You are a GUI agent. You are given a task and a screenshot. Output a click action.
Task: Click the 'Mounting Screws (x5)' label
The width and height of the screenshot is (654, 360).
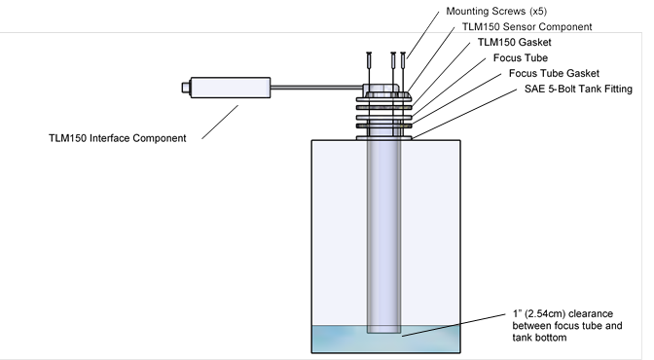click(x=496, y=12)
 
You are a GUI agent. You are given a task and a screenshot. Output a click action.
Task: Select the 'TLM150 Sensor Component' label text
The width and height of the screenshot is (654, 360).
click(x=527, y=26)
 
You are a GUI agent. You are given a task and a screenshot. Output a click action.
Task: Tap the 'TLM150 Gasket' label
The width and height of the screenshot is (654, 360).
click(x=514, y=42)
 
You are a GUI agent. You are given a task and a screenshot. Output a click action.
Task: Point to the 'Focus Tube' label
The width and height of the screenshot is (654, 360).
click(x=520, y=57)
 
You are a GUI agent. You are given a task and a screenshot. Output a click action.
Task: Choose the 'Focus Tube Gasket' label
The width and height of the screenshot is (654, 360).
click(x=554, y=73)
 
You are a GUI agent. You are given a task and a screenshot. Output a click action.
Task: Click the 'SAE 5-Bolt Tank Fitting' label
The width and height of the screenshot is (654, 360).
click(x=578, y=89)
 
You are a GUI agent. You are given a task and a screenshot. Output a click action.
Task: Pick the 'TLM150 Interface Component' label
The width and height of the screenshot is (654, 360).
click(x=117, y=138)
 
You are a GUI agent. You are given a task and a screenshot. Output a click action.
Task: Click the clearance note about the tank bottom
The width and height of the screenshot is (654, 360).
click(x=566, y=325)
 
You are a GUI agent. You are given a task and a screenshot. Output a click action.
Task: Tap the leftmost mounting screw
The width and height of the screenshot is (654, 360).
click(x=369, y=60)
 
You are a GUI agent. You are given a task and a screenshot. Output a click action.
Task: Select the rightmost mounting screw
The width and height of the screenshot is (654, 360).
click(x=403, y=60)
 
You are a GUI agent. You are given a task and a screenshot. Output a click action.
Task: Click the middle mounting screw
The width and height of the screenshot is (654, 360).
click(x=393, y=60)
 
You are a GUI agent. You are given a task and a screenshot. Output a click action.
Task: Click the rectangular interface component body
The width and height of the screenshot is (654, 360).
click(x=231, y=88)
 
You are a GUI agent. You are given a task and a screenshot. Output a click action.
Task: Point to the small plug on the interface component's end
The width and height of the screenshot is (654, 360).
click(x=186, y=88)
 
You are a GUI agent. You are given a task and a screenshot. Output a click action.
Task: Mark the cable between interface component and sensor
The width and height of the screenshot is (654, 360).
click(x=317, y=88)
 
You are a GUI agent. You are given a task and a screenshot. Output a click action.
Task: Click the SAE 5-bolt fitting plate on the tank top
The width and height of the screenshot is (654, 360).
click(x=383, y=138)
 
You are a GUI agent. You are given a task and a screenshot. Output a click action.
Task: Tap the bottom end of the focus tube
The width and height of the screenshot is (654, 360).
click(x=383, y=332)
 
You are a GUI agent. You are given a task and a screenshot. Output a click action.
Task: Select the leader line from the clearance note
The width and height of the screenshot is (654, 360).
click(x=454, y=325)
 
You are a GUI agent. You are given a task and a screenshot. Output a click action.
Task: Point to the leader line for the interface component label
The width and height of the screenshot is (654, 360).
click(x=220, y=122)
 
